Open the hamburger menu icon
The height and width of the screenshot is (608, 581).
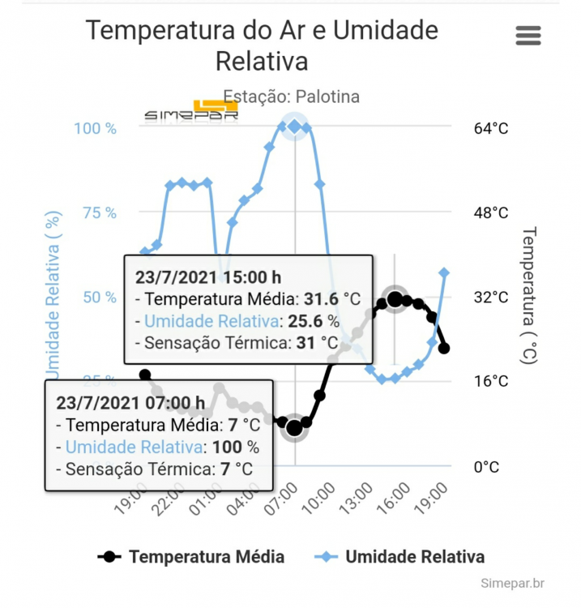[528, 36]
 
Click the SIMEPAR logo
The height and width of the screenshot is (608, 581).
[192, 112]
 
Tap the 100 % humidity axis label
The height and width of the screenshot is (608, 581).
[96, 128]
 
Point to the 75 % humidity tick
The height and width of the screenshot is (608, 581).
[100, 212]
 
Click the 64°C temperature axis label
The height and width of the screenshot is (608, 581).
[490, 128]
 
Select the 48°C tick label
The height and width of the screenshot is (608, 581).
[490, 212]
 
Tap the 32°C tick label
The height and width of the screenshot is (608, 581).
[490, 297]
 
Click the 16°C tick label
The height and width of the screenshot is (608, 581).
[490, 381]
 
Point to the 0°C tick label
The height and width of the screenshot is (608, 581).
[486, 466]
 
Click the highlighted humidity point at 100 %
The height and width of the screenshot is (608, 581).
[294, 126]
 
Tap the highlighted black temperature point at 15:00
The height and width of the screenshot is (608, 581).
[395, 300]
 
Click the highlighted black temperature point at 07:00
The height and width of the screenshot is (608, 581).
[294, 427]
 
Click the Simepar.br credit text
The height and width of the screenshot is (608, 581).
[511, 584]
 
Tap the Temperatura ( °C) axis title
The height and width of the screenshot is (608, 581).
[528, 296]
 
